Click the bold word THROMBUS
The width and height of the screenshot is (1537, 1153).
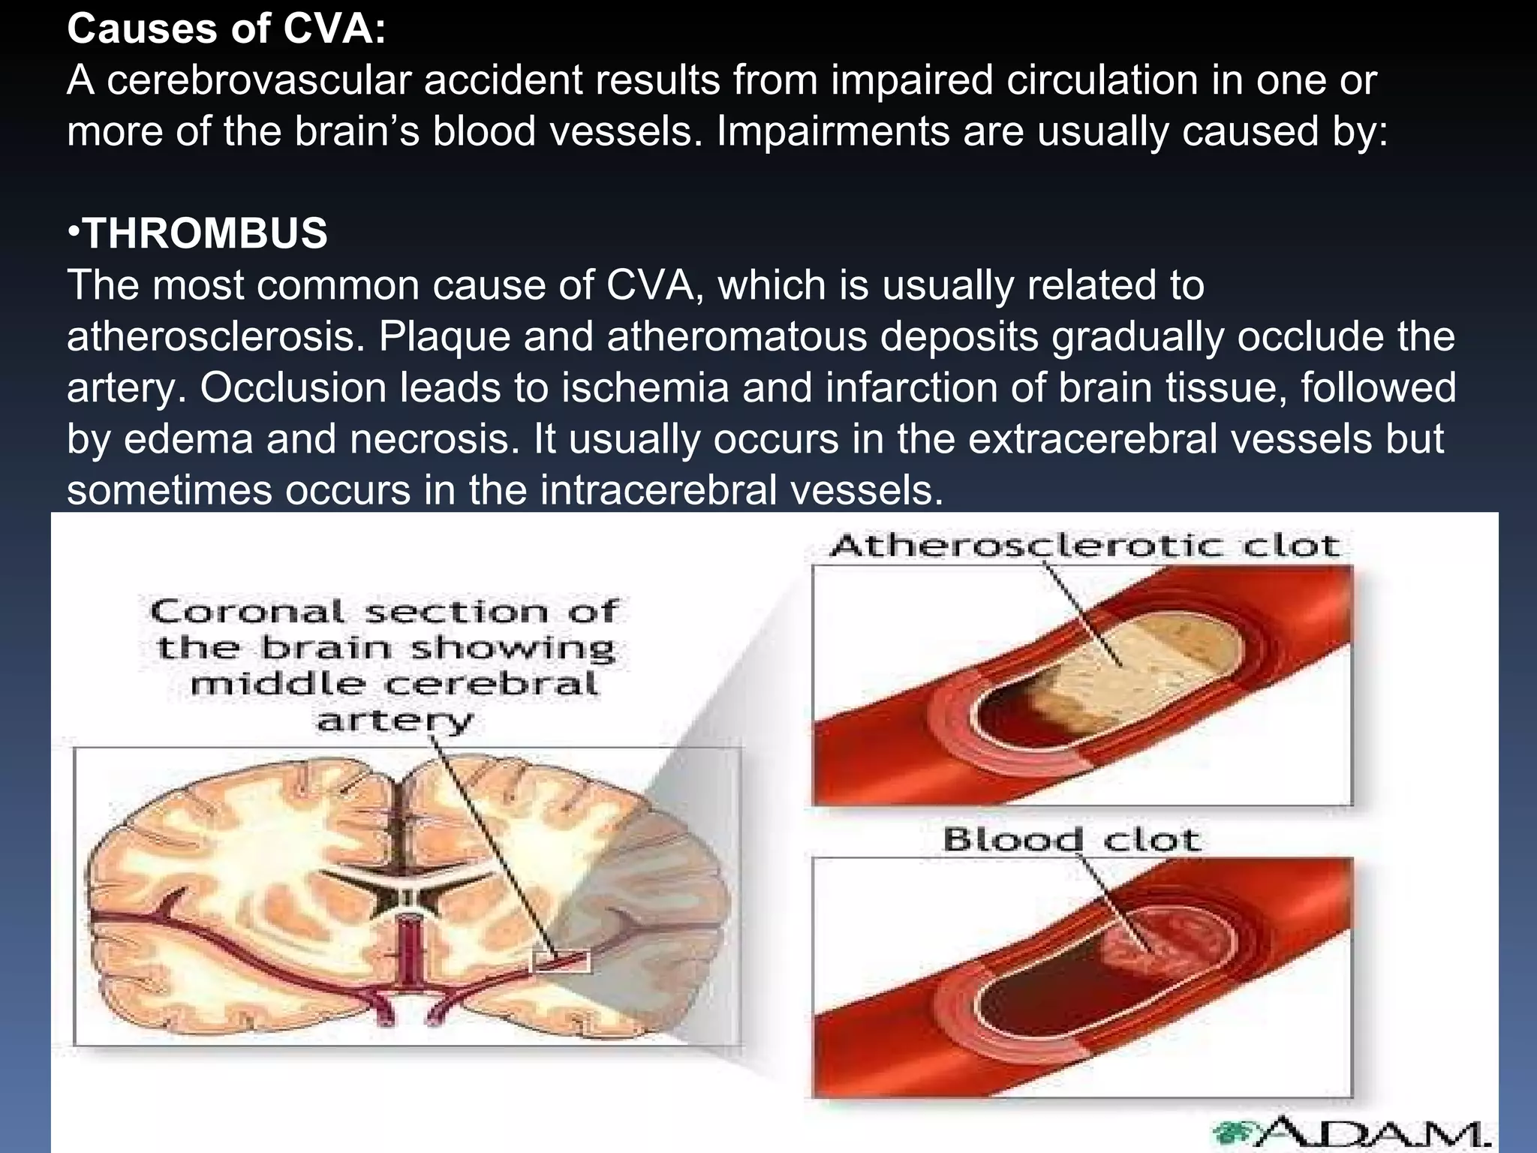(x=206, y=233)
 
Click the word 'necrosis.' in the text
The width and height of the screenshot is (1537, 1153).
(x=435, y=438)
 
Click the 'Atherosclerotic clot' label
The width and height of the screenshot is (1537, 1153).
(x=1084, y=546)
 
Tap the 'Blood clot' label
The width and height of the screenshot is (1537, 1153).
(x=1072, y=838)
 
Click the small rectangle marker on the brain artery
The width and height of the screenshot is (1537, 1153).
(x=561, y=962)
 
